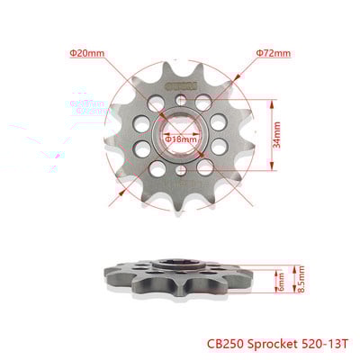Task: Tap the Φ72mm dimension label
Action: (273, 53)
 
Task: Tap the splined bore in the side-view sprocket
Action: (179, 265)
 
